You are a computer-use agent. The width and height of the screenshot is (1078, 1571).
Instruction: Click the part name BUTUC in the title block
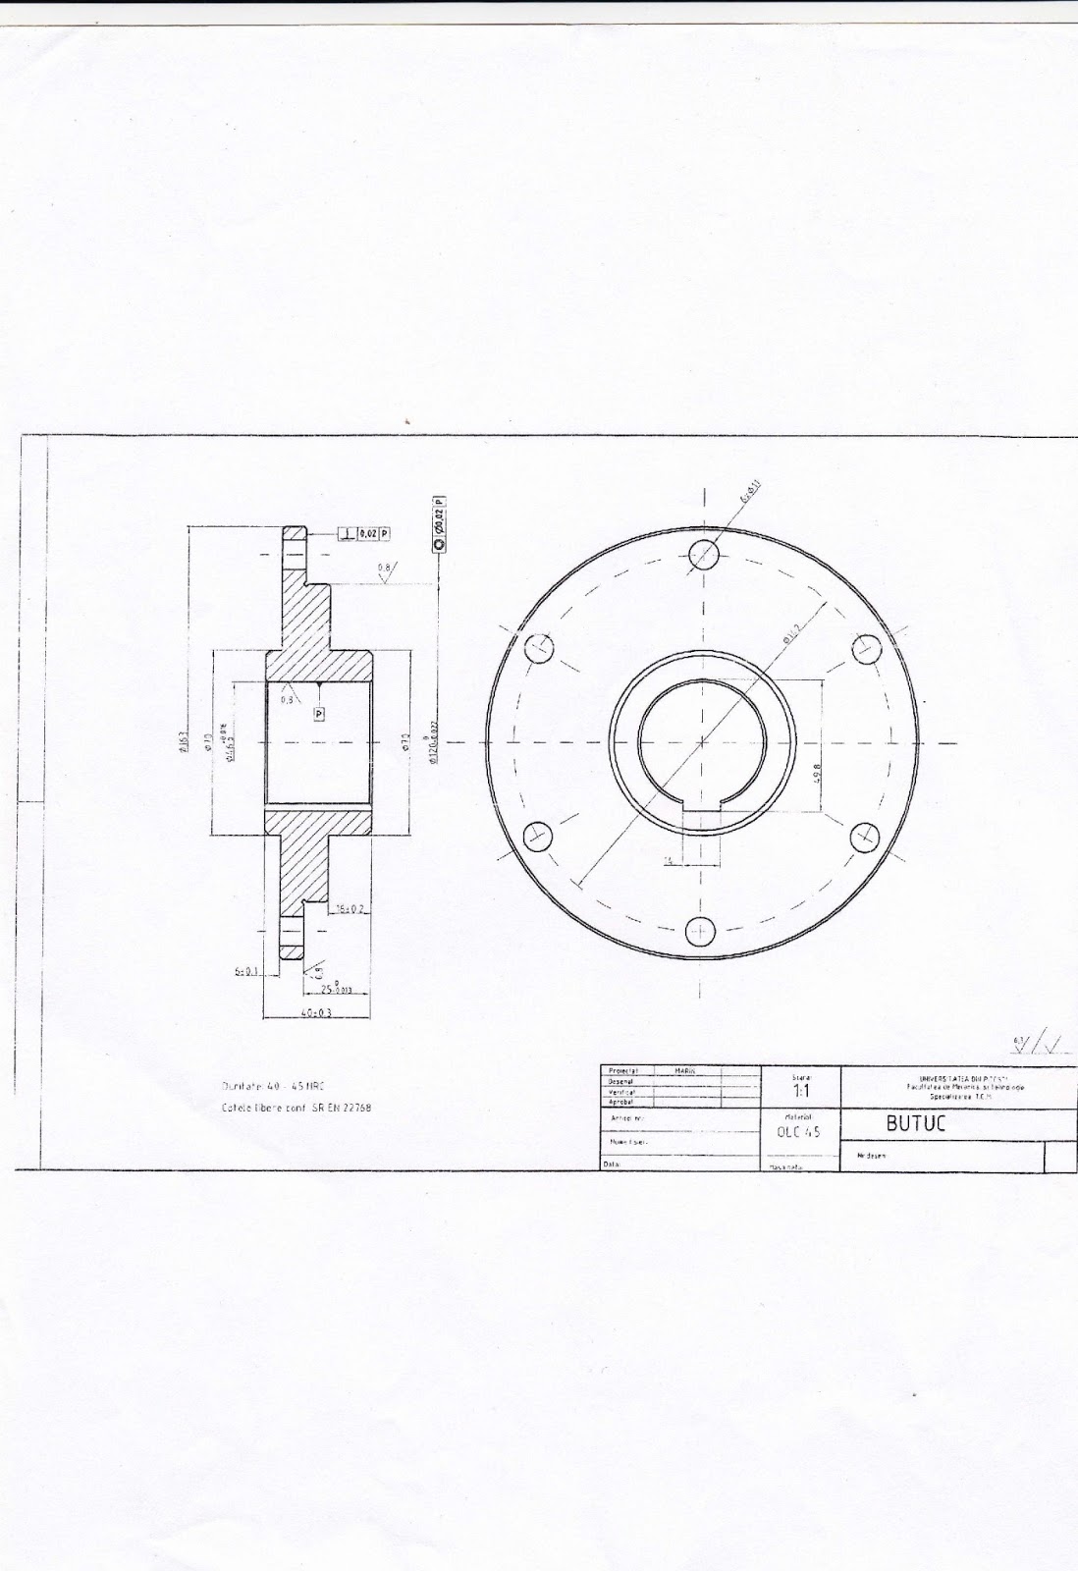[915, 1124]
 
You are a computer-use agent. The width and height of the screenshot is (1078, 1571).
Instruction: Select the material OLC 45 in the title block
[797, 1131]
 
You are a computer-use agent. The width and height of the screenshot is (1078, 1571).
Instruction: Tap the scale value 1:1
[801, 1091]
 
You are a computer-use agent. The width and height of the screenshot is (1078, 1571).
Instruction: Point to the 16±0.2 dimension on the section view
[350, 909]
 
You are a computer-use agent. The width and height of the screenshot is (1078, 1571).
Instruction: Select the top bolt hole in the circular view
[704, 556]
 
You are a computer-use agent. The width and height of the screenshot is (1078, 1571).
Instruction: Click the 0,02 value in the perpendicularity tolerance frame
[366, 533]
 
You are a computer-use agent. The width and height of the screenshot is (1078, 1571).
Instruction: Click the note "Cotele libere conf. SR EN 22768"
[298, 1107]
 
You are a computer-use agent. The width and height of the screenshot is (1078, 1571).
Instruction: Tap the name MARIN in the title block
[684, 1069]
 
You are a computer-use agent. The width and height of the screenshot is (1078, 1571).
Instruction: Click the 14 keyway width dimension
[668, 860]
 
